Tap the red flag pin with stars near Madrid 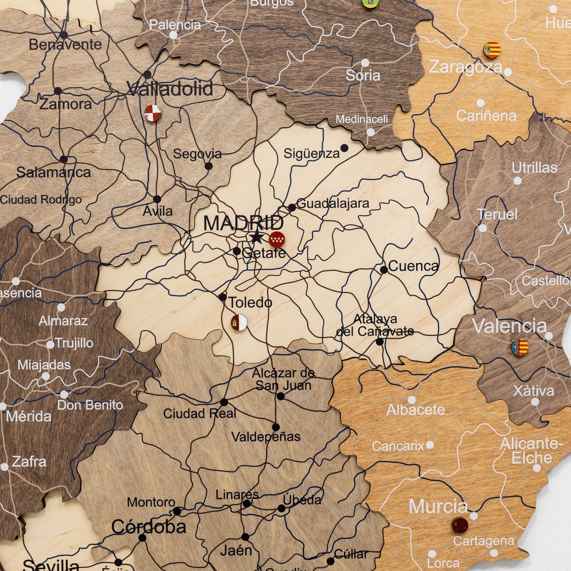pyautogui.click(x=277, y=240)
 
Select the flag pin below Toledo pyautogui.click(x=239, y=322)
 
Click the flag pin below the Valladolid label pyautogui.click(x=152, y=113)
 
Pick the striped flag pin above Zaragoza pyautogui.click(x=492, y=50)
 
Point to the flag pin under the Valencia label pyautogui.click(x=520, y=347)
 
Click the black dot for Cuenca pyautogui.click(x=384, y=270)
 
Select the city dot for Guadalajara pyautogui.click(x=292, y=207)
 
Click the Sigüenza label pyautogui.click(x=311, y=153)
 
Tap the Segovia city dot pyautogui.click(x=209, y=166)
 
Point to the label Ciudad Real pyautogui.click(x=200, y=413)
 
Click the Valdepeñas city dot pyautogui.click(x=276, y=427)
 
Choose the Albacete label pyautogui.click(x=415, y=410)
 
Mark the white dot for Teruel pyautogui.click(x=482, y=228)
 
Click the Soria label pyautogui.click(x=363, y=76)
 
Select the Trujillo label pyautogui.click(x=74, y=343)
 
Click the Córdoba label pyautogui.click(x=149, y=527)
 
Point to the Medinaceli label pyautogui.click(x=361, y=119)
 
